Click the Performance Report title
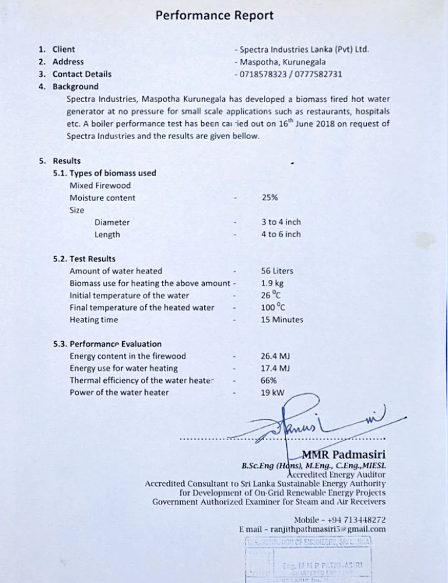pyautogui.click(x=214, y=16)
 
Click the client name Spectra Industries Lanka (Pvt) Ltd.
pyautogui.click(x=304, y=49)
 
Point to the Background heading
pyautogui.click(x=75, y=86)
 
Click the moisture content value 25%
pyautogui.click(x=269, y=198)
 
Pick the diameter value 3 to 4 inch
pyautogui.click(x=281, y=222)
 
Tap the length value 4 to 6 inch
pyautogui.click(x=281, y=235)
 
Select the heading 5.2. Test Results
pyautogui.click(x=84, y=259)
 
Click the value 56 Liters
pyautogui.click(x=277, y=271)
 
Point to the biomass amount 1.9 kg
pyautogui.click(x=272, y=283)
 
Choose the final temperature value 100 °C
pyautogui.click(x=273, y=307)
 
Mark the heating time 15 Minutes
pyautogui.click(x=282, y=320)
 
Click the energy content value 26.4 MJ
pyautogui.click(x=275, y=356)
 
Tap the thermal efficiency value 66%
pyautogui.click(x=269, y=380)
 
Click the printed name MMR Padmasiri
pyautogui.click(x=343, y=454)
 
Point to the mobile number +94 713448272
pyautogui.click(x=357, y=520)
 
